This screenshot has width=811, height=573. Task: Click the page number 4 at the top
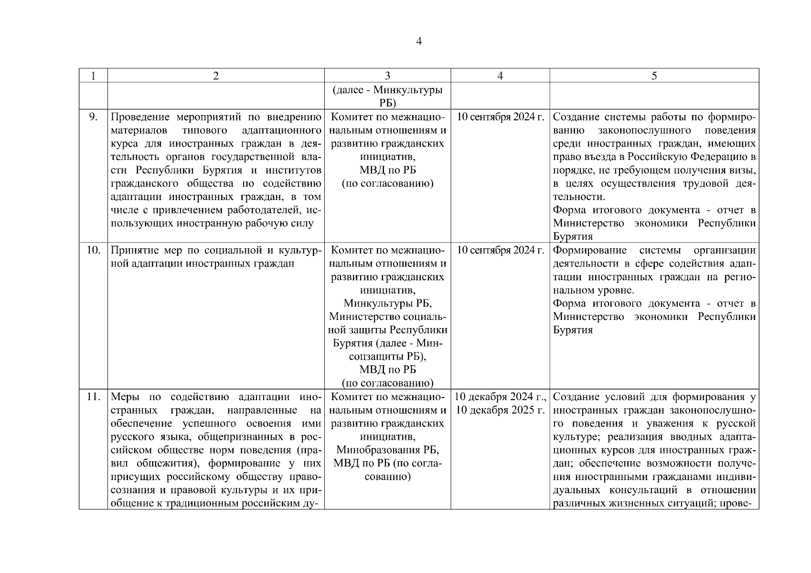tap(419, 42)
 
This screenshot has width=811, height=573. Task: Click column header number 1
tap(93, 76)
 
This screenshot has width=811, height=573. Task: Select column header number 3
tap(387, 76)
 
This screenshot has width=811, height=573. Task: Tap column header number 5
tap(654, 76)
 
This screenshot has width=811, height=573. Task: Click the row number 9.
tap(94, 117)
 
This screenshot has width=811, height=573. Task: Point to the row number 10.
tap(93, 250)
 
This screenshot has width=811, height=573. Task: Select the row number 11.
tap(93, 397)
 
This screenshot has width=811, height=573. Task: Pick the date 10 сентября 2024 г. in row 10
tap(500, 251)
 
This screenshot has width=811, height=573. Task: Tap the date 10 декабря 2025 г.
tap(500, 410)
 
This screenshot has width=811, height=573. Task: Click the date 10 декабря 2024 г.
tap(500, 397)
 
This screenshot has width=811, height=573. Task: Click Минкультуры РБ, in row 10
tap(387, 304)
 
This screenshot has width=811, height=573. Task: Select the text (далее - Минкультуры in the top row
tap(387, 90)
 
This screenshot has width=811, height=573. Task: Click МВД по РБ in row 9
tap(387, 170)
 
